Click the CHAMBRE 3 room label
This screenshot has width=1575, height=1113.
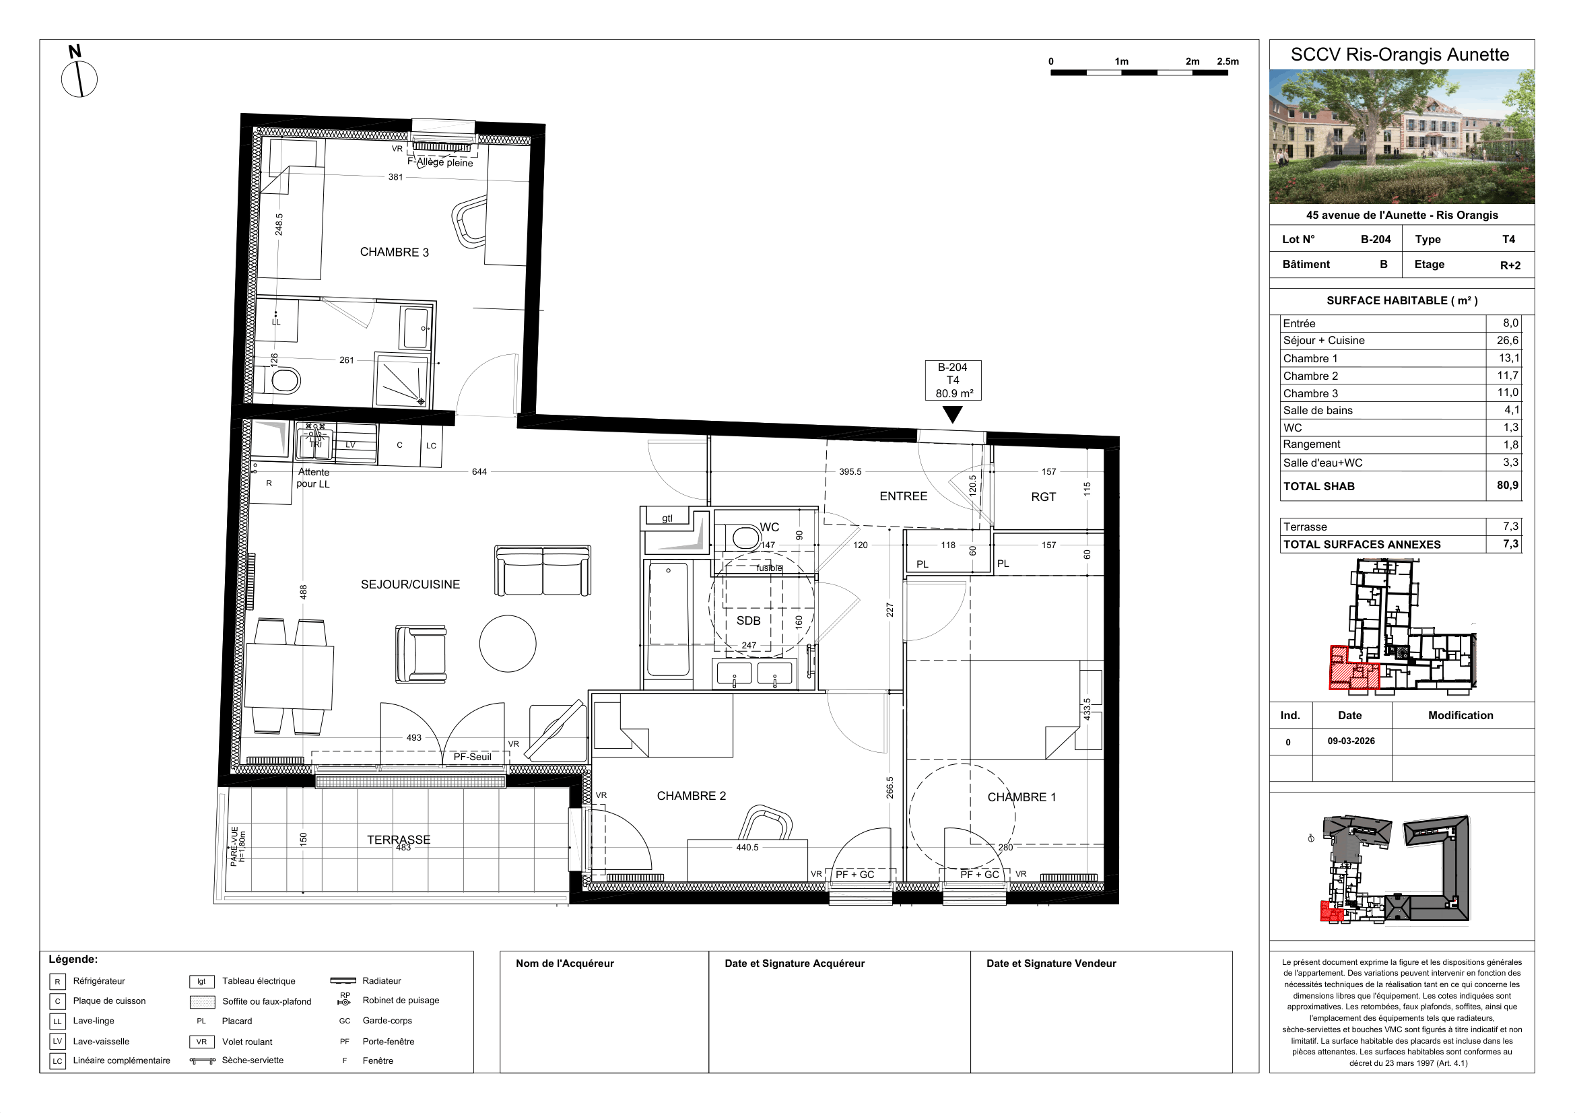(394, 252)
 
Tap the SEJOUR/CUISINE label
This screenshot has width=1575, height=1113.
(410, 584)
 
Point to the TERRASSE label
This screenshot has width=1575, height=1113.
(399, 840)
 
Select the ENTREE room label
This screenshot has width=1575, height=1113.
(904, 496)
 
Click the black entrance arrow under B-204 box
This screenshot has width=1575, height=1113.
(952, 414)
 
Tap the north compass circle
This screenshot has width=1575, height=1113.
(79, 79)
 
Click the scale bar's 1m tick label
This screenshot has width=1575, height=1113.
(1122, 62)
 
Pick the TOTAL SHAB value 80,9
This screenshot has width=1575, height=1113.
(1507, 485)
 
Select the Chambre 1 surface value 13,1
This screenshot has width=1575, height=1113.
(1508, 358)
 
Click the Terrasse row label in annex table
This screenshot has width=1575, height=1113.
(1305, 527)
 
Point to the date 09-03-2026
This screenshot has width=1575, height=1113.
(1351, 741)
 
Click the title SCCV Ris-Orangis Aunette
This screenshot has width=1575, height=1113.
(1399, 55)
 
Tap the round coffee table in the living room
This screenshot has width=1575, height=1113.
(508, 643)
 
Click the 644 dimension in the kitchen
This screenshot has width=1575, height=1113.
(479, 472)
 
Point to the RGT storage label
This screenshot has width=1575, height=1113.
(1043, 497)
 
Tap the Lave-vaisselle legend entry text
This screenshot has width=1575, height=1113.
(101, 1042)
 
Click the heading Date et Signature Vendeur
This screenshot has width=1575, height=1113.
(1051, 964)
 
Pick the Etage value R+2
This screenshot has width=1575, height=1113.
(1510, 265)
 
